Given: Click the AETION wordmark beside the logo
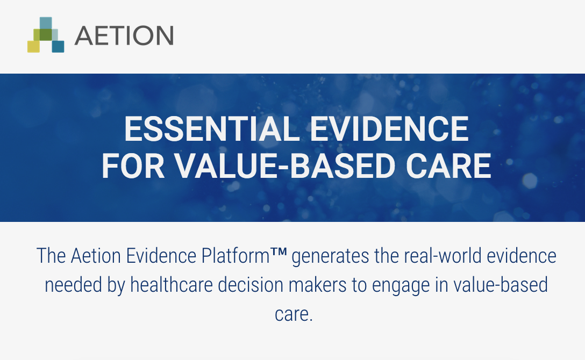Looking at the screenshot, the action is tap(124, 35).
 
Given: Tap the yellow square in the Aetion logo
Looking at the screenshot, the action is tap(33, 46).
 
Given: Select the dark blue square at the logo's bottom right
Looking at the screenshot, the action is tap(58, 46).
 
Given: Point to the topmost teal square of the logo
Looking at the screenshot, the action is tap(46, 23).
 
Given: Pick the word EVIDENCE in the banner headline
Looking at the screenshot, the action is tap(389, 129).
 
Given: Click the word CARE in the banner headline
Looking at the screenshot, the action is tap(448, 166).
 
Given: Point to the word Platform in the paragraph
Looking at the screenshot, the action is tap(236, 256).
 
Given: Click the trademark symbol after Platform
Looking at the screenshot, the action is tap(279, 252).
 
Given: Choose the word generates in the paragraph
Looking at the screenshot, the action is tap(330, 257).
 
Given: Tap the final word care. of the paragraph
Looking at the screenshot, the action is tap(294, 315).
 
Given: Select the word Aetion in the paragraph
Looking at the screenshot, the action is tap(96, 256).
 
